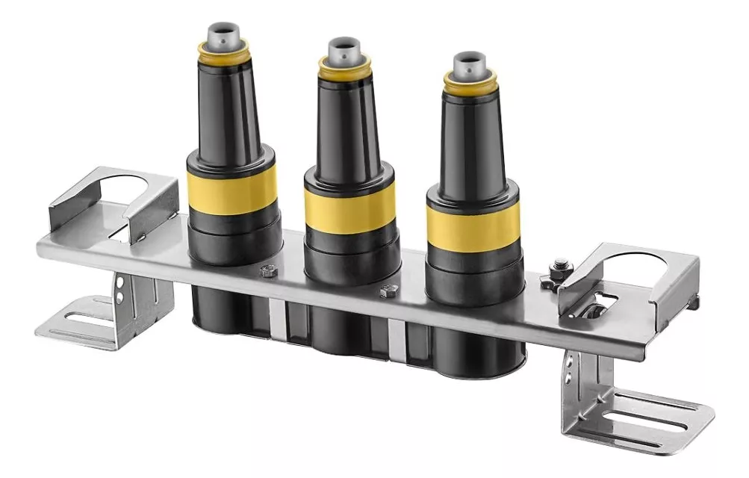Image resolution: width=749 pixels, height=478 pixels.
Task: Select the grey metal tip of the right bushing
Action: pyautogui.click(x=470, y=64)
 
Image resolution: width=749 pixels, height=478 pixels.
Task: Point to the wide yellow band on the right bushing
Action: pyautogui.click(x=473, y=226)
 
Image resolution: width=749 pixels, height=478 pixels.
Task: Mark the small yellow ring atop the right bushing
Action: pyautogui.click(x=469, y=81)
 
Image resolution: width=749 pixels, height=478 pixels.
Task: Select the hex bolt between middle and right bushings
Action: pyautogui.click(x=387, y=291)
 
